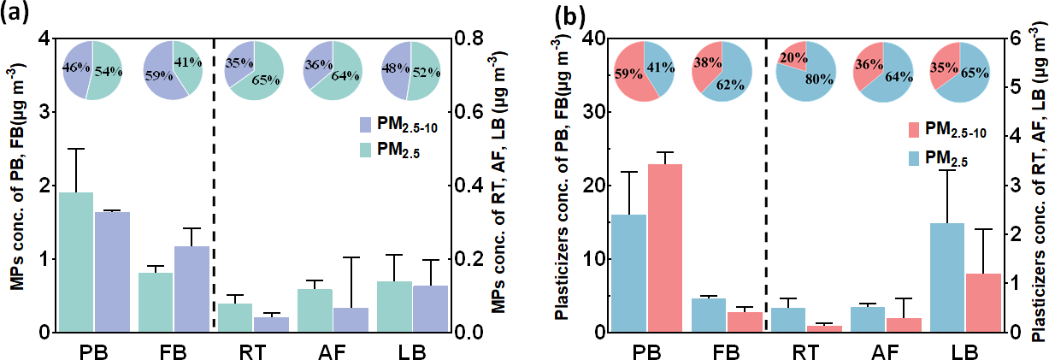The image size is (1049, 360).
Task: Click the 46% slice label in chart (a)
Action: tap(74, 65)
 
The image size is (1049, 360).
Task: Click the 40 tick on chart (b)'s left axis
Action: tap(590, 38)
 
